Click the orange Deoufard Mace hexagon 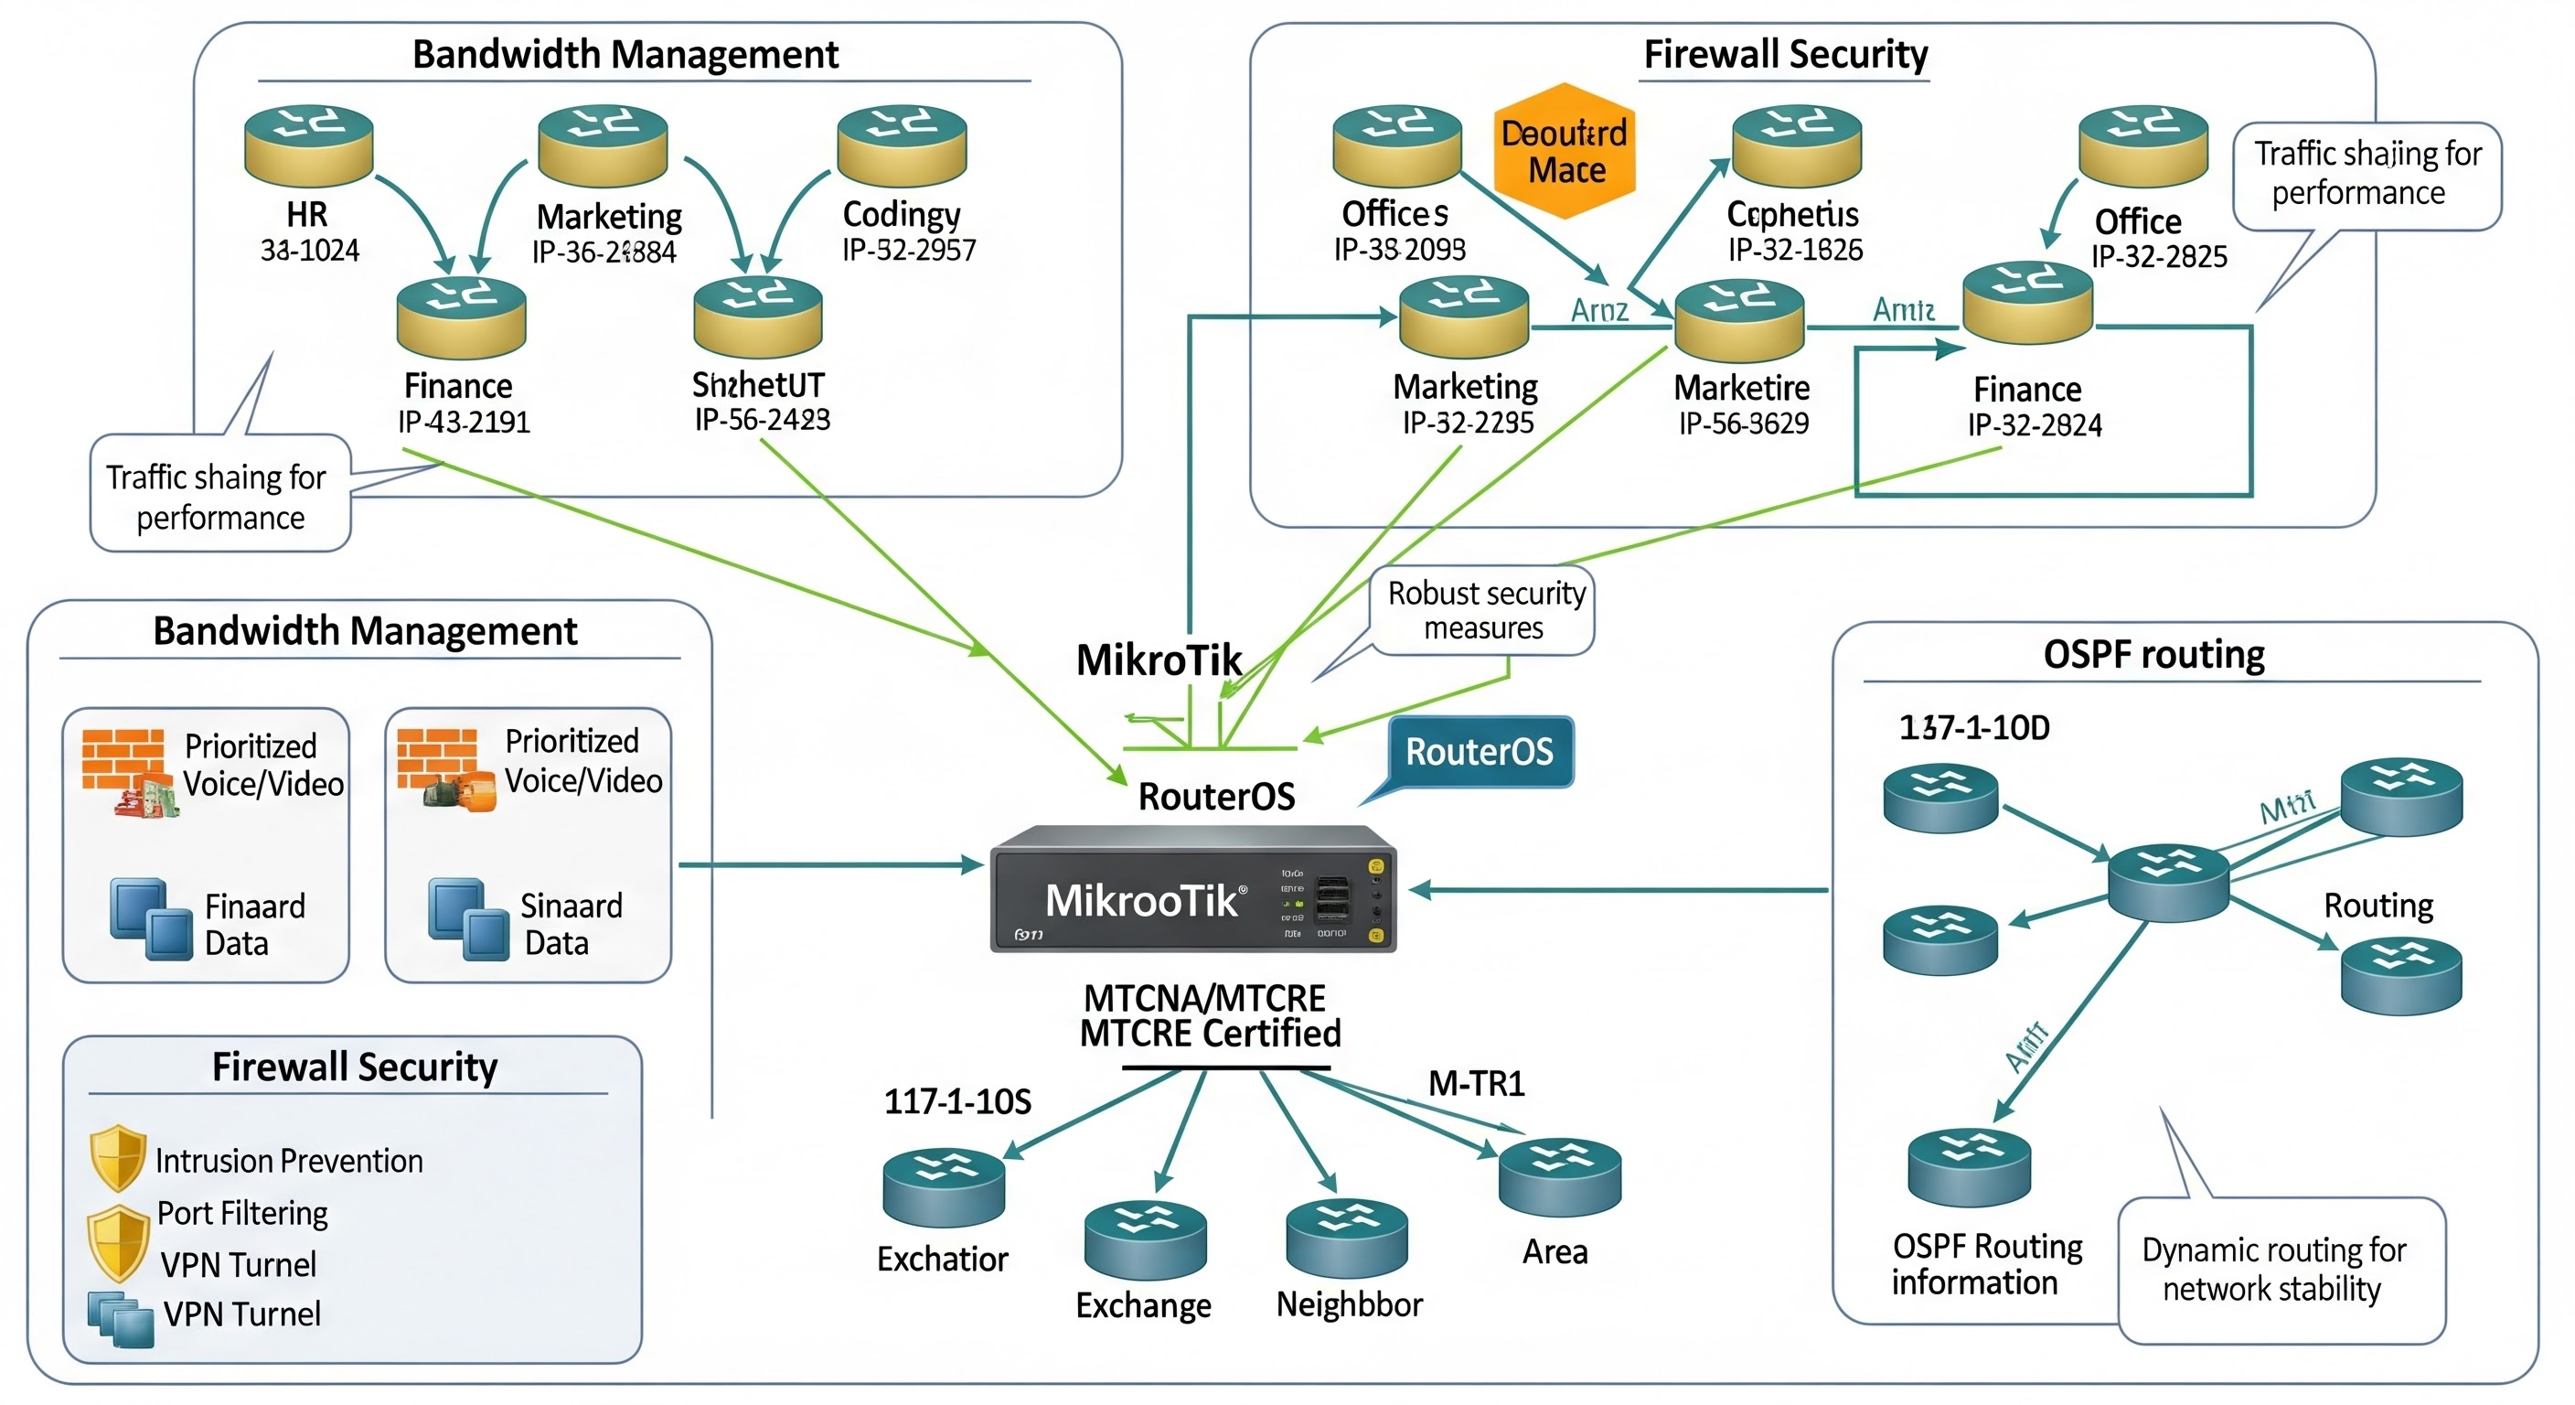[x=1565, y=151]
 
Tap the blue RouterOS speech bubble [x=1480, y=752]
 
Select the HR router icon [x=309, y=146]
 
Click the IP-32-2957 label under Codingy [x=909, y=250]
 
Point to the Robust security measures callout [x=1484, y=611]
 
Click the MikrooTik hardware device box [x=1192, y=889]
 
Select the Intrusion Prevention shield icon [x=118, y=1157]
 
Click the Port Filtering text [x=242, y=1213]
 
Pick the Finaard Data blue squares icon [x=151, y=920]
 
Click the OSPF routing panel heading [x=2153, y=655]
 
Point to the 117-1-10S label [x=956, y=1102]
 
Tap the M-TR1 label [x=1476, y=1084]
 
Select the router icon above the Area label [x=1559, y=1177]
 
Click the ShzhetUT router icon [x=758, y=317]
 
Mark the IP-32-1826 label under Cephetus [x=1795, y=250]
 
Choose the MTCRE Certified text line [x=1210, y=1034]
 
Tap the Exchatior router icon [x=944, y=1187]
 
